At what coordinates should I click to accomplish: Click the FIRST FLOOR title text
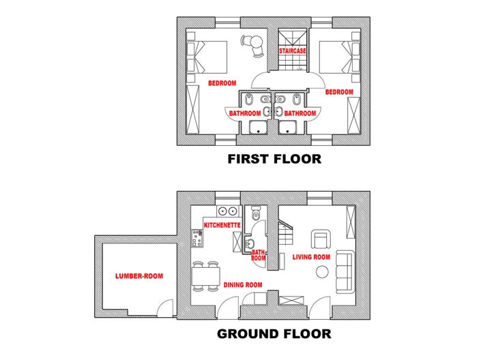(274, 160)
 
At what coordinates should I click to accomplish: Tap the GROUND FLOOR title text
(274, 334)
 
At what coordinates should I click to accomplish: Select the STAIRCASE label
(292, 51)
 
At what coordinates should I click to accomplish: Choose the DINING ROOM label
(243, 285)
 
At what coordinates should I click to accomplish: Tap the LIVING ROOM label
(311, 257)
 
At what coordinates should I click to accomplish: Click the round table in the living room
(321, 272)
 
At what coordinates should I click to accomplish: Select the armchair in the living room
(321, 239)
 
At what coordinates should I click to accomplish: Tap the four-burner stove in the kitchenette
(198, 238)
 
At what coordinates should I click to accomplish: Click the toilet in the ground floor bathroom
(256, 214)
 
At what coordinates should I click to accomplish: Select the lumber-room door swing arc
(164, 309)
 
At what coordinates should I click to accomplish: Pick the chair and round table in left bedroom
(253, 44)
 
